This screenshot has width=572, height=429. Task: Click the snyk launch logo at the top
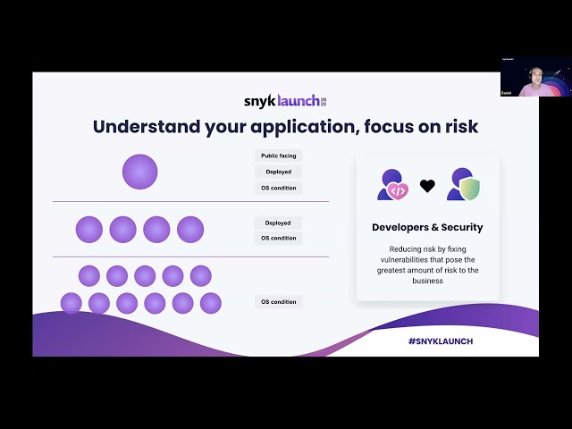tap(285, 100)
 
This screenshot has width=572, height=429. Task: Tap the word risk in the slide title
tap(457, 127)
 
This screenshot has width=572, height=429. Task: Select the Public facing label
tap(278, 156)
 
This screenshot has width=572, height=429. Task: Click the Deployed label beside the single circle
tap(278, 172)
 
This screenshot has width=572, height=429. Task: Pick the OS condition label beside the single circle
tap(278, 188)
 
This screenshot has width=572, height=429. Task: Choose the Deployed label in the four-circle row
tap(278, 223)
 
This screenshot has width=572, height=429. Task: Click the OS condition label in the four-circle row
tap(278, 238)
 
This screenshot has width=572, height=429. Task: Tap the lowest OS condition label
tap(278, 302)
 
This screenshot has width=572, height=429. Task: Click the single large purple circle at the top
tap(139, 172)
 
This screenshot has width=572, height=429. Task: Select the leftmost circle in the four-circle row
tap(89, 230)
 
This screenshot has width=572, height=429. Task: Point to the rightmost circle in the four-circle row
tap(190, 230)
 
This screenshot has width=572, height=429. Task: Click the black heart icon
tap(427, 186)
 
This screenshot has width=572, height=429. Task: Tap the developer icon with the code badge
tap(393, 184)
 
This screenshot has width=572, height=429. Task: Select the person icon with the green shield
tap(463, 184)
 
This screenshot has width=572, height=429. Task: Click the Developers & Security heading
tap(427, 227)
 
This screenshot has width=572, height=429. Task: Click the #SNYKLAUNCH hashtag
tap(441, 341)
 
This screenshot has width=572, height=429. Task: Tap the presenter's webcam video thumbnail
tap(535, 77)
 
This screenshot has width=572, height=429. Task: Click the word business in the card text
tap(427, 280)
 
